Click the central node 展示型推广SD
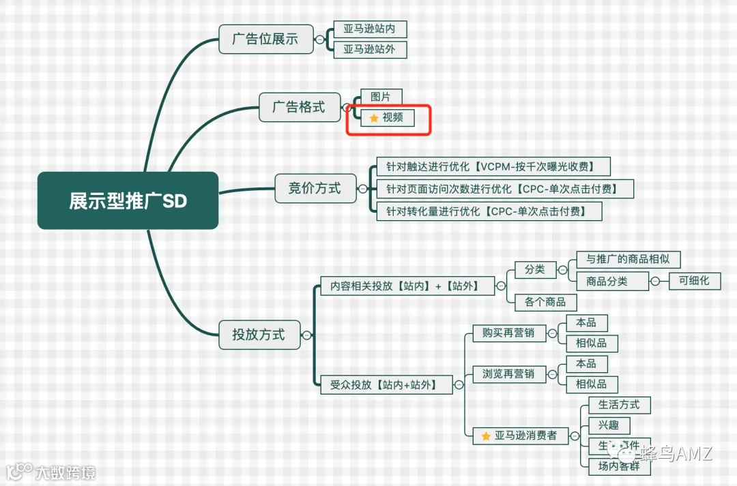(x=128, y=200)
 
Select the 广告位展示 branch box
(x=265, y=39)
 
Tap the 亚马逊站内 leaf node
(x=370, y=29)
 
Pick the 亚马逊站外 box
(x=370, y=49)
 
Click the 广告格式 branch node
(x=299, y=107)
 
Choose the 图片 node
(x=381, y=97)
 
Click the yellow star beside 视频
(x=373, y=118)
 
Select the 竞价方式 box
(x=315, y=187)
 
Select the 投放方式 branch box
(x=259, y=335)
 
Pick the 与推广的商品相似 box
(x=628, y=259)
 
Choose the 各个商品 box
(x=540, y=302)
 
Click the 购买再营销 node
(x=508, y=333)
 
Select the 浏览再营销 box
(x=508, y=374)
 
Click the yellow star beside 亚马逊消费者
(x=486, y=436)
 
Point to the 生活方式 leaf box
(x=619, y=404)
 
